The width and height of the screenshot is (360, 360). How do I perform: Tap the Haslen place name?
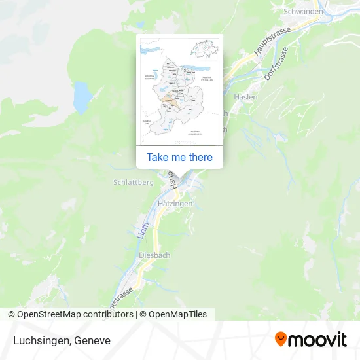pos(246,97)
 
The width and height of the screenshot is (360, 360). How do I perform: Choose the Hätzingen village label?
pos(175,204)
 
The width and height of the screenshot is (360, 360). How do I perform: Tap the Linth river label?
pos(145,230)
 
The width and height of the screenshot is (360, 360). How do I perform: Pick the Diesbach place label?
pos(155,255)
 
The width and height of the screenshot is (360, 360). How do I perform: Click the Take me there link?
pos(179,157)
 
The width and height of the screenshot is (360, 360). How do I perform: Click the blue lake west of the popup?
pos(82,98)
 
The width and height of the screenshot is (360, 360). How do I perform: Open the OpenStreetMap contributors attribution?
pos(72,314)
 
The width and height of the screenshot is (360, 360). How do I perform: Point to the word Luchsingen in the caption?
pos(41,340)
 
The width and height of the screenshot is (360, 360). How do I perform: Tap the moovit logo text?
pos(318,339)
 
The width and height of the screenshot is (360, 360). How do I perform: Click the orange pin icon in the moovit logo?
pos(281,339)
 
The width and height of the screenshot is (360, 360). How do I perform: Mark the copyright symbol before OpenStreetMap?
pos(12,314)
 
